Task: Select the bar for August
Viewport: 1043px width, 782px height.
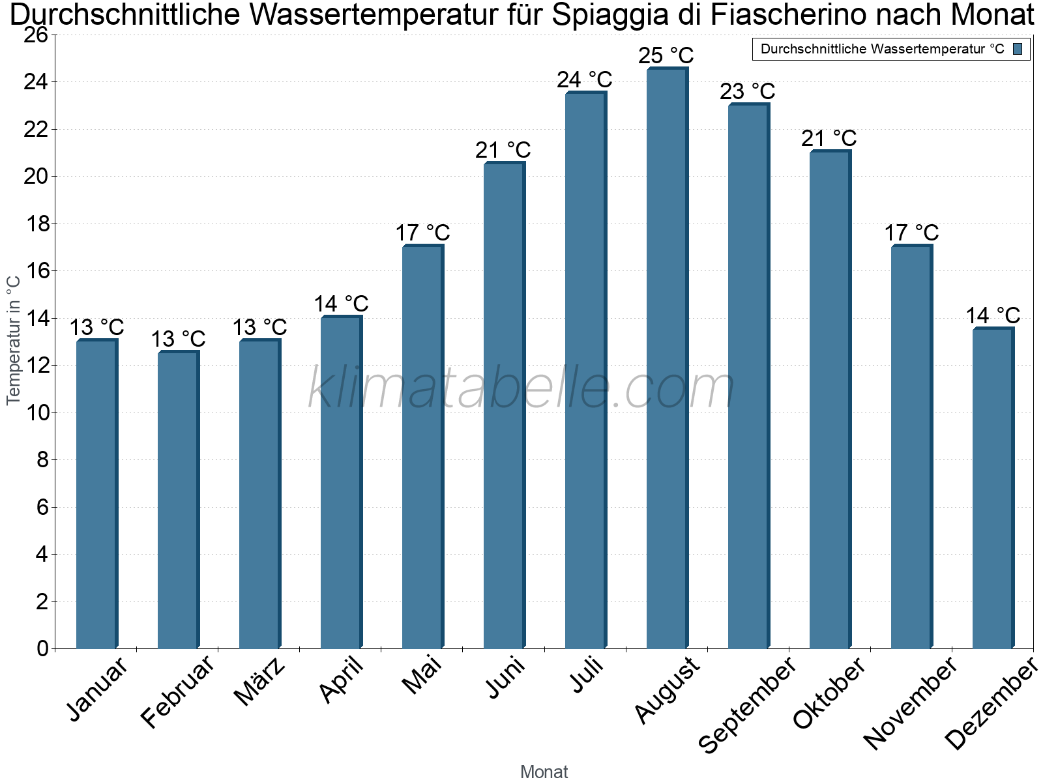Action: coord(666,358)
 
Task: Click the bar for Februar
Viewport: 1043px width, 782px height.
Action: coord(177,500)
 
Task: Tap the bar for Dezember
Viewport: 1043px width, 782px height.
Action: coord(992,489)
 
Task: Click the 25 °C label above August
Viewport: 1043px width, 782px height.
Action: coord(666,55)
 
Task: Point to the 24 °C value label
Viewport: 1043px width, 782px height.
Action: coord(584,80)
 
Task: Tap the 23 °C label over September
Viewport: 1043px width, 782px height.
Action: coord(747,91)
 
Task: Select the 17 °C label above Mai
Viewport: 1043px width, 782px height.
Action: coord(422,233)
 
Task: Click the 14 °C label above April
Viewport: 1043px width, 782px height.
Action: coord(341,304)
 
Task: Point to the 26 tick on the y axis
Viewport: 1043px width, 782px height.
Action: coord(37,35)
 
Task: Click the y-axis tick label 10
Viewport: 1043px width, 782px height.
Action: coord(37,413)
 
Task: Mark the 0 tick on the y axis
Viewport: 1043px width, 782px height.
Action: coord(43,648)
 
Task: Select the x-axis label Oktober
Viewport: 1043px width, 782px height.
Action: coord(829,693)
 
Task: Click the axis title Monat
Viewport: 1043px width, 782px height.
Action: coord(544,772)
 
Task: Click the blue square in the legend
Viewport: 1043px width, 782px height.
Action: coord(1018,49)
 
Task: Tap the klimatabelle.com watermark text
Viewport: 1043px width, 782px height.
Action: coord(521,388)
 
